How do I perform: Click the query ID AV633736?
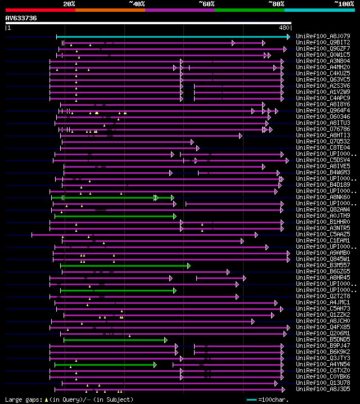21,18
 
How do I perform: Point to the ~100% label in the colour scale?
343,4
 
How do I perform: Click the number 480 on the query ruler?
283,27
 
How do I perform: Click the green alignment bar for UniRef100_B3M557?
124,266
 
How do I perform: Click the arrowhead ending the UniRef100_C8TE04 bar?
197,148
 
